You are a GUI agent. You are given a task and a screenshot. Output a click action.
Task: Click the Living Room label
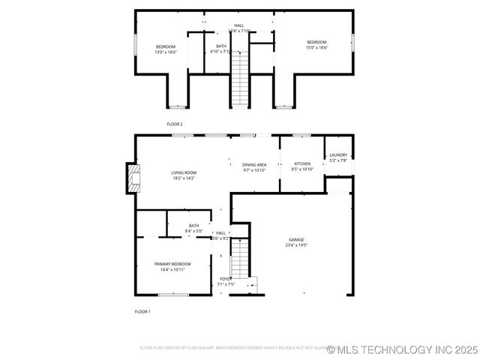point(184,172)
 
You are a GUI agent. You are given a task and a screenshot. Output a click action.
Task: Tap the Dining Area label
point(254,164)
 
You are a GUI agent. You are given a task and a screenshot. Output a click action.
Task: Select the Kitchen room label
point(302,163)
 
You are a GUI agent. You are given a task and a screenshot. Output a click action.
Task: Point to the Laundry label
point(338,155)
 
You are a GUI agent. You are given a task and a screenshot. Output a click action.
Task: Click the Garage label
point(297,239)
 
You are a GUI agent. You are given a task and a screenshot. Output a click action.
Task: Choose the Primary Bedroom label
point(172,264)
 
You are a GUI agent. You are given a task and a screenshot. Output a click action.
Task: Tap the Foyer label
point(226,279)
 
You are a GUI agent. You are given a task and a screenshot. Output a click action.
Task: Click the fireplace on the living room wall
point(132,178)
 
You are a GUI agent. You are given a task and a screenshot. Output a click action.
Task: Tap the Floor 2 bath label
point(221,46)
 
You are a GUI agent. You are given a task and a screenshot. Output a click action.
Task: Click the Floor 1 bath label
point(194,226)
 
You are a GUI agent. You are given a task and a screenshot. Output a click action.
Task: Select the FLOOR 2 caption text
point(174,124)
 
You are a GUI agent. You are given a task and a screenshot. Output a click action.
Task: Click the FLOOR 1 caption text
point(142,311)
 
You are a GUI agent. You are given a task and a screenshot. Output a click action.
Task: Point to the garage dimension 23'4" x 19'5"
point(297,245)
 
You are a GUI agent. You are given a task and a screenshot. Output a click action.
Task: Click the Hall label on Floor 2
point(238,25)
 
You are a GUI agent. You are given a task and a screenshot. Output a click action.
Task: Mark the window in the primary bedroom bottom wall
point(172,295)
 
